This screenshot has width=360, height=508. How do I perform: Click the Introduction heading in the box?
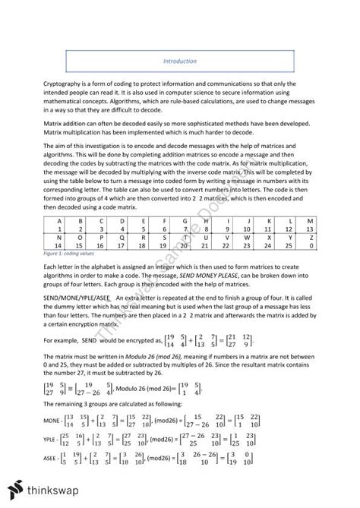[x=180, y=61]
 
